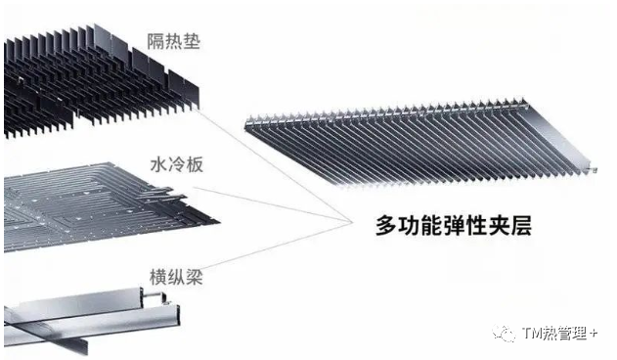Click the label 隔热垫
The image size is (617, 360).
coord(174,41)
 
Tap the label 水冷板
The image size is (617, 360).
coord(177,164)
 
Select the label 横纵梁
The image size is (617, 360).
coord(176,277)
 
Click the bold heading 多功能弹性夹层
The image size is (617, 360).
coord(454,226)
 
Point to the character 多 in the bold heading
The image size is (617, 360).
coord(386,226)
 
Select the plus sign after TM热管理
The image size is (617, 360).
coord(594,334)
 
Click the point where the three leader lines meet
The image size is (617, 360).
coord(351,222)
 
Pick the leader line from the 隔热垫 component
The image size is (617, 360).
coord(274,165)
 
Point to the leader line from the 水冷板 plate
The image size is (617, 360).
coord(272,204)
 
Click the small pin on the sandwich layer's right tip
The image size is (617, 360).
coord(594,170)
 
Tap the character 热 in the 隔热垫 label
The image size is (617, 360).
coord(174,41)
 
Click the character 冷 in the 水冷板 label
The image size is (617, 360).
coord(177,164)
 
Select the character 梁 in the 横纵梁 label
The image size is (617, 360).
coord(194,277)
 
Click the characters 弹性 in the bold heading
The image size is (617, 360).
coord(454,226)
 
